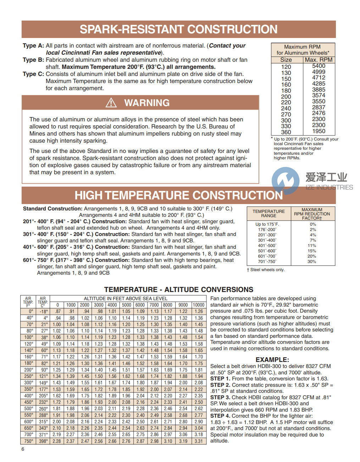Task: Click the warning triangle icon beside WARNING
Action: [111, 103]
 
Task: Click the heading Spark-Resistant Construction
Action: [178, 29]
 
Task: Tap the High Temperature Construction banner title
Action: [178, 195]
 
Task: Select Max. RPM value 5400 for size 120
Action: [319, 66]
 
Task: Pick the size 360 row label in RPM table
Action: [286, 132]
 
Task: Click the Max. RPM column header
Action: [319, 60]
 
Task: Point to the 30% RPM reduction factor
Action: [312, 262]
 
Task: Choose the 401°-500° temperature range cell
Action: [267, 246]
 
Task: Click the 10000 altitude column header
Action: [199, 305]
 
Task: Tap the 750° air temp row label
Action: [29, 441]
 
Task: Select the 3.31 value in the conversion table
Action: [199, 441]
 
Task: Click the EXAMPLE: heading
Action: [272, 359]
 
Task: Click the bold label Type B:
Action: [33, 60]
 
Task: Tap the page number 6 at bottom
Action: [23, 449]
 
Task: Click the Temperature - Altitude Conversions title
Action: [179, 290]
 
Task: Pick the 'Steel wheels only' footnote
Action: [266, 270]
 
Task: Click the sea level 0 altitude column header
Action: [57, 305]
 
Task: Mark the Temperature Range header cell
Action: [268, 214]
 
